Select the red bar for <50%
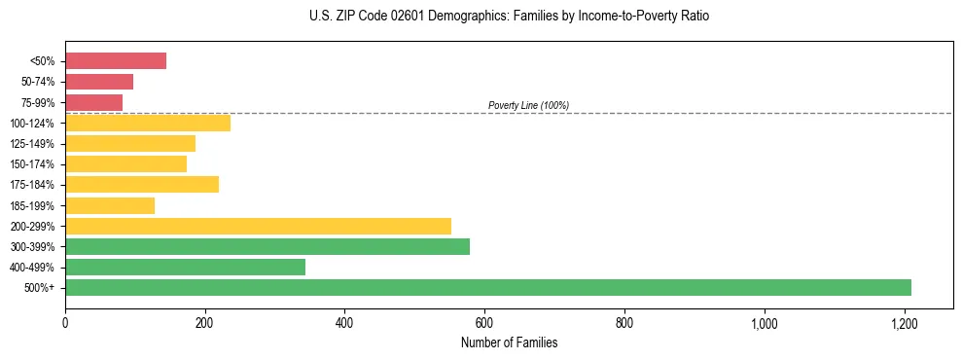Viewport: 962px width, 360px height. click(116, 61)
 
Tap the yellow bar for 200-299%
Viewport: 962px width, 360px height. click(258, 226)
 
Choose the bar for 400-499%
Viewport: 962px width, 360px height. click(185, 267)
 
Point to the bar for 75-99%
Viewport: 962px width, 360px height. click(93, 102)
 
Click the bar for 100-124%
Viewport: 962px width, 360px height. click(148, 123)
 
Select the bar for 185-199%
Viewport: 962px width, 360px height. click(110, 205)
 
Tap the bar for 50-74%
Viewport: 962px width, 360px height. click(99, 82)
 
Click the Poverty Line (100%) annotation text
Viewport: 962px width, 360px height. click(528, 105)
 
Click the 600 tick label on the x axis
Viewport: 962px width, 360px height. click(484, 323)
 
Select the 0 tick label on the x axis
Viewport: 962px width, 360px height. click(65, 323)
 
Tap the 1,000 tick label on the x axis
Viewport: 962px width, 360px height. click(765, 323)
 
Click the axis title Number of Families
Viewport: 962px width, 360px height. click(509, 342)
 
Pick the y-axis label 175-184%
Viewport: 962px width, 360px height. click(32, 185)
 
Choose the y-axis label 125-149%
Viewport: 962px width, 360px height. click(32, 144)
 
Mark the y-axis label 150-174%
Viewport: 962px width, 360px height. click(32, 164)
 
